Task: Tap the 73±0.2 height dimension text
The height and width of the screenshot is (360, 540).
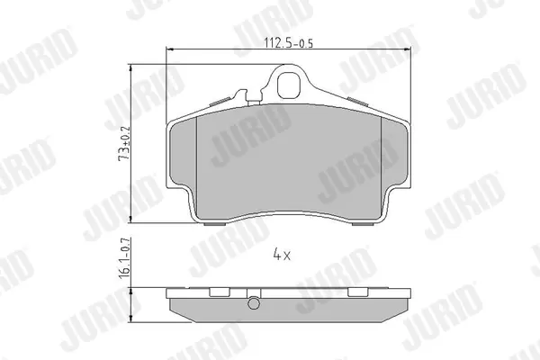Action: [x=124, y=143]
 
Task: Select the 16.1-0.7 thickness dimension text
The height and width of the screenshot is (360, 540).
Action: [x=125, y=258]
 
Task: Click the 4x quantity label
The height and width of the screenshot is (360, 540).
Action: [x=282, y=256]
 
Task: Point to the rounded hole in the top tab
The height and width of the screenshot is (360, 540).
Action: [x=289, y=85]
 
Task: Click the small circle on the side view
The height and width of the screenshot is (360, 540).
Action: [x=254, y=303]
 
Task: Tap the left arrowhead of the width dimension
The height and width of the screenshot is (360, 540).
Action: [x=169, y=50]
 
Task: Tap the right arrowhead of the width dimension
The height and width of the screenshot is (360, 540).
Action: [x=408, y=50]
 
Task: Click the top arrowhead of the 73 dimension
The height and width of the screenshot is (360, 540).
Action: [x=130, y=67]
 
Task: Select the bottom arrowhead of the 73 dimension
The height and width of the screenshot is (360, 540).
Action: [x=130, y=220]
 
